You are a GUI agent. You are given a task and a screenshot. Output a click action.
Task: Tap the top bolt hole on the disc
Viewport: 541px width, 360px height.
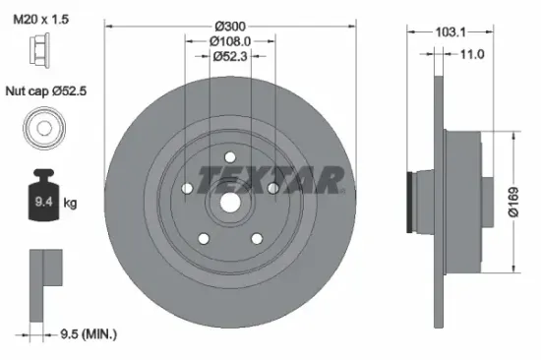[x=228, y=155]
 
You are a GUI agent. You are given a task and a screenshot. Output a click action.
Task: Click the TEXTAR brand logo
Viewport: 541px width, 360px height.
[x=270, y=178]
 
